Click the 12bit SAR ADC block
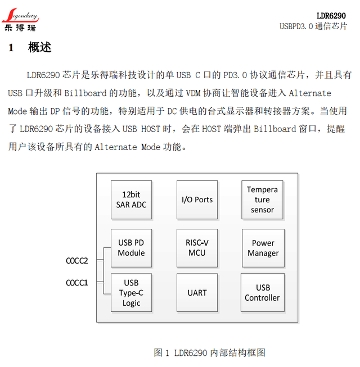click(131, 200)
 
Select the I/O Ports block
click(197, 200)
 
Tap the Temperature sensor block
click(262, 200)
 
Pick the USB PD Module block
click(131, 248)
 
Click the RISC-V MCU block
click(197, 248)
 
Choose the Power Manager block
click(263, 248)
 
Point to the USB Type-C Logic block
click(131, 293)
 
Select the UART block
click(197, 293)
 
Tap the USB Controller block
click(262, 293)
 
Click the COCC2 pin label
click(77, 261)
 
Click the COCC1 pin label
click(77, 283)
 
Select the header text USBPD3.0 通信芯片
click(313, 26)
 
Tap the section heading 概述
click(40, 48)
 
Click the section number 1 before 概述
click(11, 48)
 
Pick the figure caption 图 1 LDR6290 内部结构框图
click(209, 353)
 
